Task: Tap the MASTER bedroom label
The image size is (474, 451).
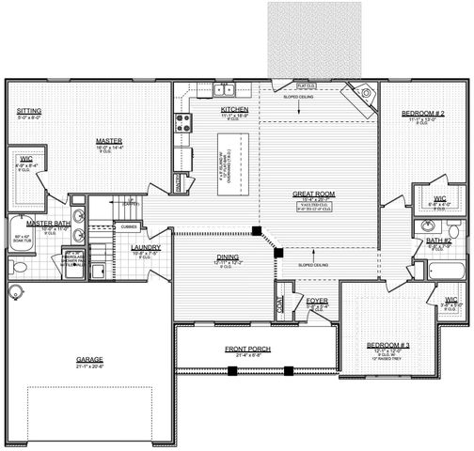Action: point(110,142)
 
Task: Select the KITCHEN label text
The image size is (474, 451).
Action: point(234,110)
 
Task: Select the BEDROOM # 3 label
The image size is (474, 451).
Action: point(387,345)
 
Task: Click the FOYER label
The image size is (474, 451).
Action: point(317,300)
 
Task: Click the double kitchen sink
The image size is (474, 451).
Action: point(224,91)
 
